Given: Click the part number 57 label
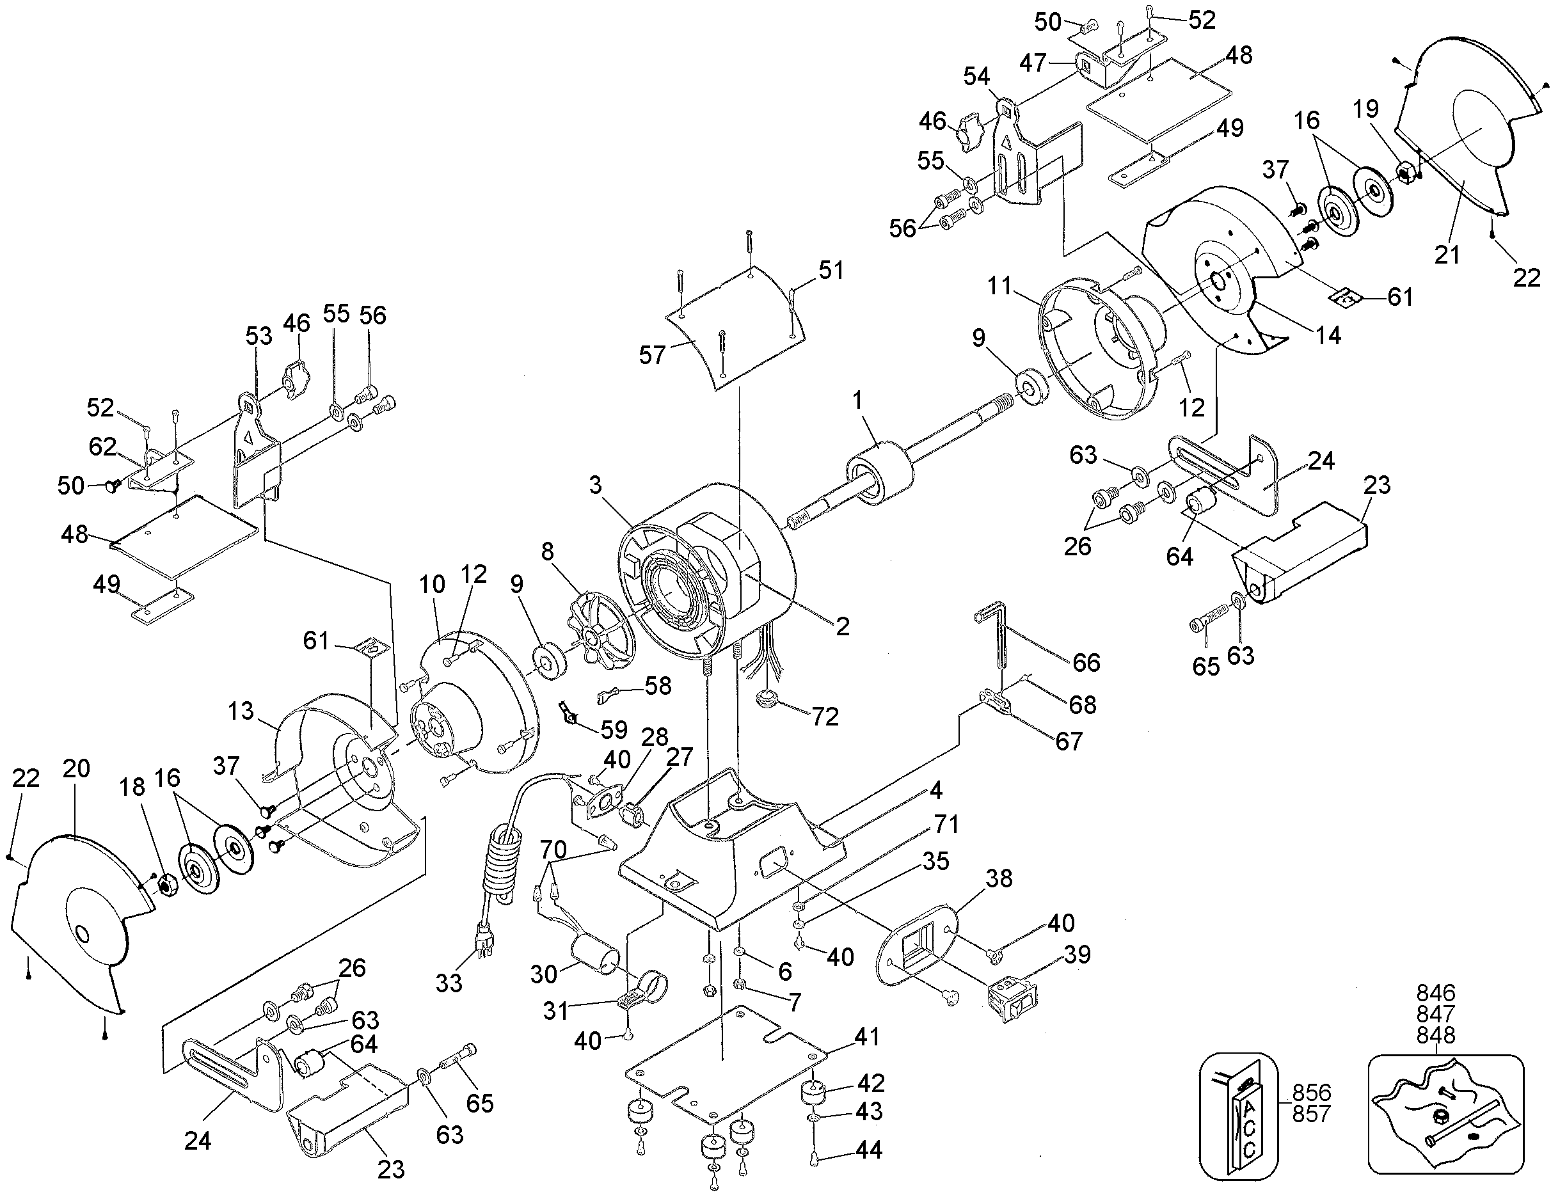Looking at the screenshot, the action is coord(652,354).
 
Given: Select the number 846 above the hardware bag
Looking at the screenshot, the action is coord(1436,992).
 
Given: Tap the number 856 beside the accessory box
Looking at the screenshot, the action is coord(1311,1092).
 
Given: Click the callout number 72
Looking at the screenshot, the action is coord(825,717).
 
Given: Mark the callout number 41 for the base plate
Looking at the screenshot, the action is coord(866,1036).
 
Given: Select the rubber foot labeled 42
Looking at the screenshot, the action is coord(815,1093).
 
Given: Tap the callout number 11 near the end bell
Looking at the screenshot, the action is coord(999,286).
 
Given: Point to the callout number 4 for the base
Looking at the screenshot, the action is coord(935,789).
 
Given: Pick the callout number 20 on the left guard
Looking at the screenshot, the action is coord(76,768).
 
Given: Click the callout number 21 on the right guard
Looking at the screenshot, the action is coord(1447,253).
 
